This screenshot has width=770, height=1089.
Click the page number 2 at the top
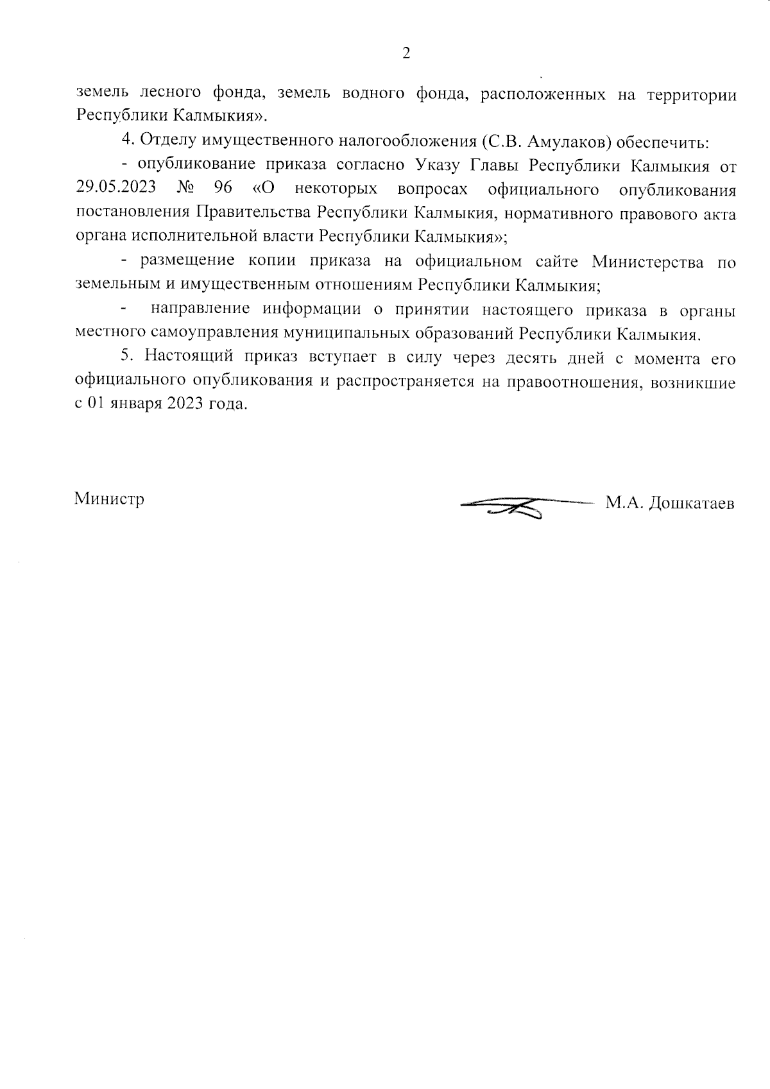click(406, 54)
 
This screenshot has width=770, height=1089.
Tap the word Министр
click(109, 499)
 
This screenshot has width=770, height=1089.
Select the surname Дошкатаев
click(692, 504)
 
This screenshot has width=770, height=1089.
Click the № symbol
click(185, 189)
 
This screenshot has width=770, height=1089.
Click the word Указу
click(436, 166)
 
